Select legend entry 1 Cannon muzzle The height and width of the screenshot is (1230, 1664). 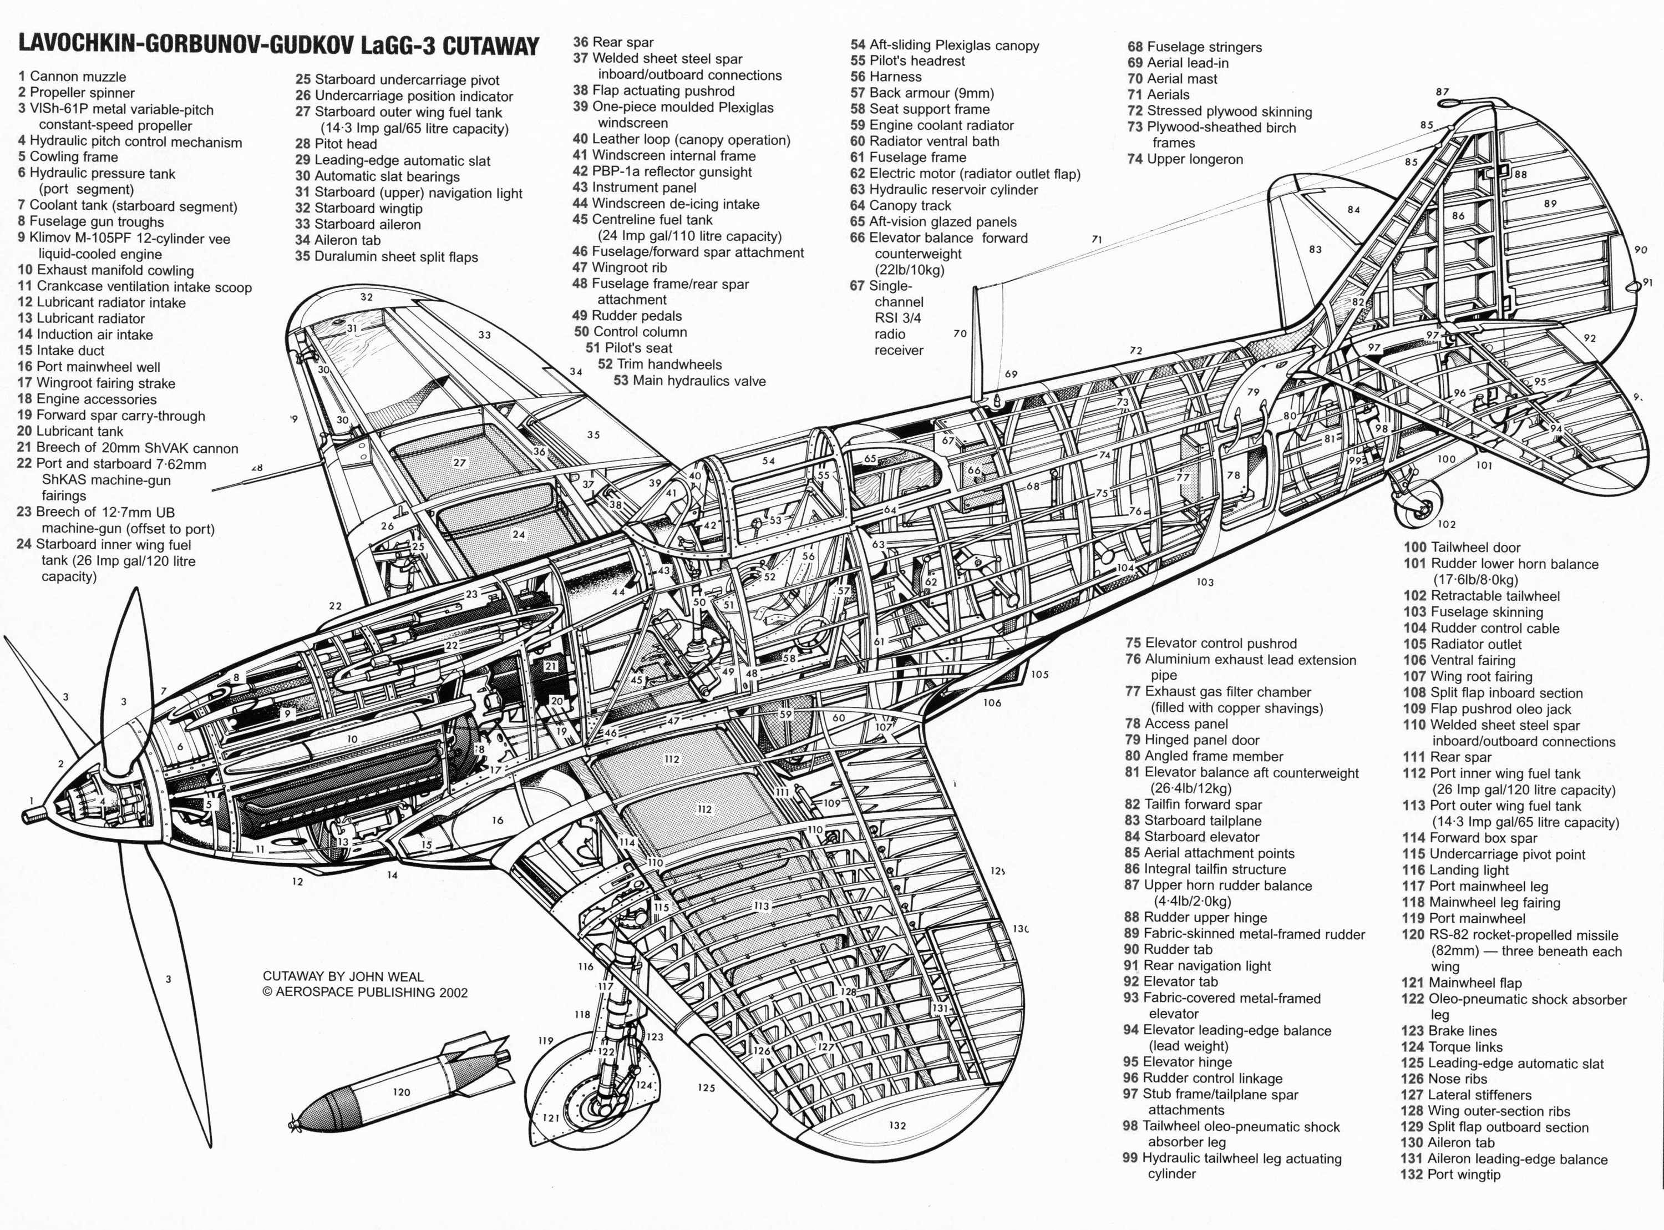click(72, 77)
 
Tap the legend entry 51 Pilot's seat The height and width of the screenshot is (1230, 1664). click(629, 348)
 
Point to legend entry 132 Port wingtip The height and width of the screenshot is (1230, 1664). click(1450, 1174)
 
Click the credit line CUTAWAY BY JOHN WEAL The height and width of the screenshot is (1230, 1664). click(343, 976)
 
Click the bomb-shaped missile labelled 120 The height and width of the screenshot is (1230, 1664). click(402, 1084)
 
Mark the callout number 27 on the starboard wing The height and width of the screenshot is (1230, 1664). click(459, 462)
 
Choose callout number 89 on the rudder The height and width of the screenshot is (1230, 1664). click(1550, 203)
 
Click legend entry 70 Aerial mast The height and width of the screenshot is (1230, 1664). click(1172, 79)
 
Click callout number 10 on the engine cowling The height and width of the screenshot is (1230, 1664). click(352, 740)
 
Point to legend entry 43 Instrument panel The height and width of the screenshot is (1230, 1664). click(634, 188)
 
